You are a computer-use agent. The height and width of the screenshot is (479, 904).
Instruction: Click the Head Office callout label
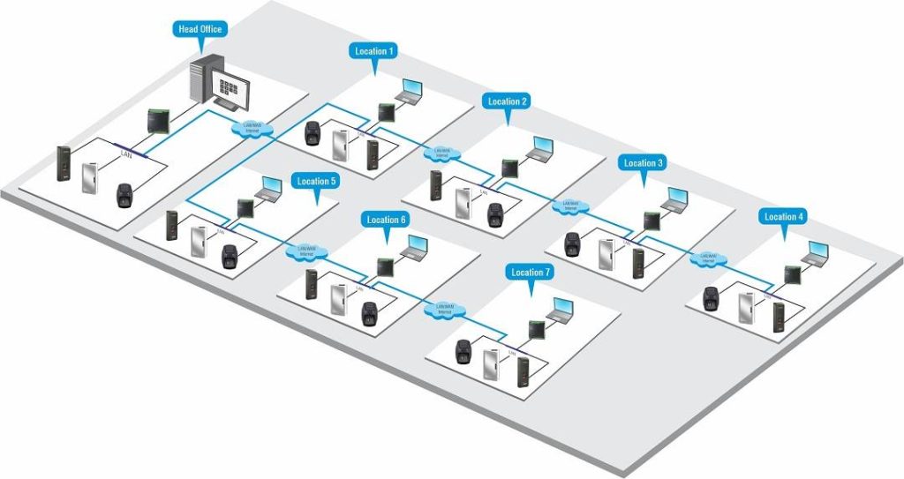(200, 29)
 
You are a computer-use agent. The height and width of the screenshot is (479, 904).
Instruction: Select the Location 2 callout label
(508, 101)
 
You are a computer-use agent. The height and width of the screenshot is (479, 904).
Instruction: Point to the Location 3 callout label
(644, 163)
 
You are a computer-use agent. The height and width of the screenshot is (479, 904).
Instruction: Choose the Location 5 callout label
(317, 181)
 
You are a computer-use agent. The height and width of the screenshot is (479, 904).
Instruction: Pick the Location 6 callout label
(386, 219)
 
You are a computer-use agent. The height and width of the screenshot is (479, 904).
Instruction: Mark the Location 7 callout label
(531, 273)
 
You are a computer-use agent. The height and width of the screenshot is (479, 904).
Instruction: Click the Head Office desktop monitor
(231, 90)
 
